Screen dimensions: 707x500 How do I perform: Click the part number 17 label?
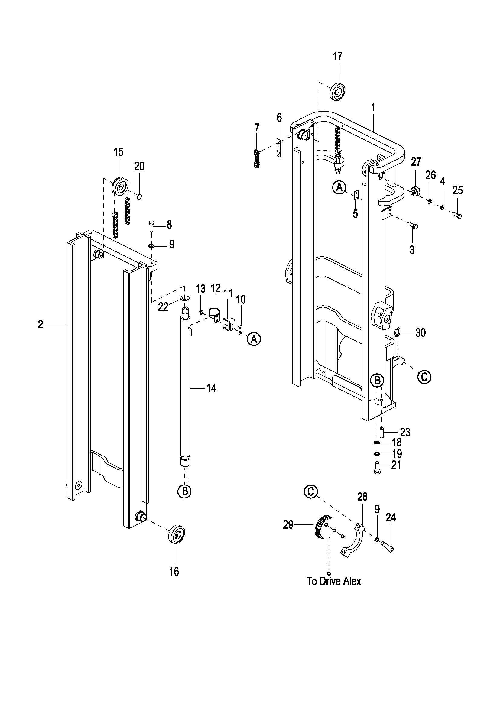[x=337, y=56]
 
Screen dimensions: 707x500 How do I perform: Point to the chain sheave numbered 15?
[x=121, y=186]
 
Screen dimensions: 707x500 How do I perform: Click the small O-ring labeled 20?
[x=139, y=196]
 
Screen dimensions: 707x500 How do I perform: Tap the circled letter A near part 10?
[x=254, y=339]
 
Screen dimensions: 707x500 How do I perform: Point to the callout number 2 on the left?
[x=41, y=324]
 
